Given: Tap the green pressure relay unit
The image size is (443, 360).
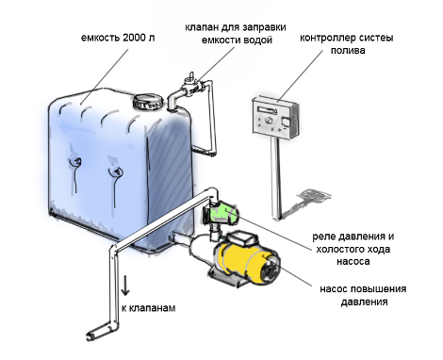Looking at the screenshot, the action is click(223, 213).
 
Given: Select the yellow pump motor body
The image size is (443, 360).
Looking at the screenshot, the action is click(241, 262).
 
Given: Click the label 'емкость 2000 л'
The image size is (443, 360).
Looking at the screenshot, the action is click(118, 38).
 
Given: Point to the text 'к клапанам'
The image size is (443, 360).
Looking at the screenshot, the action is click(149, 308).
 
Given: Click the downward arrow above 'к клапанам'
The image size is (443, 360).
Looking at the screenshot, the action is click(125, 285).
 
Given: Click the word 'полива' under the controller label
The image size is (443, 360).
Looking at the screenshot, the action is click(348, 51).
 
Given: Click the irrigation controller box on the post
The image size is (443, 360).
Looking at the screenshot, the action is click(274, 117).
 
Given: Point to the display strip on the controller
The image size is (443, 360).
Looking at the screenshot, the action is click(267, 109).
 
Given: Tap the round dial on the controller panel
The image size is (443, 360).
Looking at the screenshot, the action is click(270, 121).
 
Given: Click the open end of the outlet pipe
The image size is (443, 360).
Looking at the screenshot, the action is click(92, 334).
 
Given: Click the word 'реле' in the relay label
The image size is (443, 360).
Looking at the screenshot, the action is click(322, 237).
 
